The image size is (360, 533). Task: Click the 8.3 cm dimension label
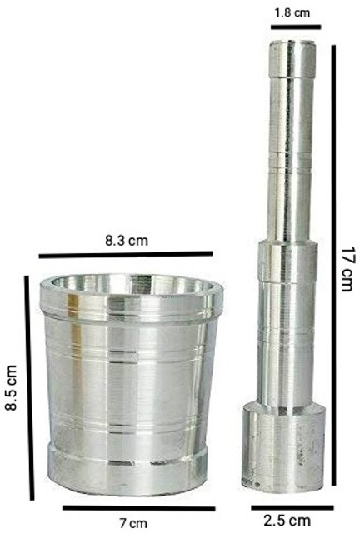tap(127, 241)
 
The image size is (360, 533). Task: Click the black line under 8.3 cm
tap(125, 255)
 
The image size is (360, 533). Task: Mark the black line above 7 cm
tap(137, 507)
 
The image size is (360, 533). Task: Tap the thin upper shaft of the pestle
tap(289, 150)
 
